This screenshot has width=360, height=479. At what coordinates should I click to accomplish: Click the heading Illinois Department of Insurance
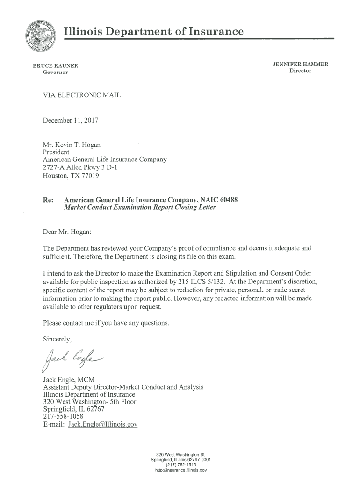[153, 31]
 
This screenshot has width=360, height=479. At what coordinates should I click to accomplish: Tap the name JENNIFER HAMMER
[300, 64]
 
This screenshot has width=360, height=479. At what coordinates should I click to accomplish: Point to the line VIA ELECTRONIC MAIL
[81, 95]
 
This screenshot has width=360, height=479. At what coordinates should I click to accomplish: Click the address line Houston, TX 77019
[71, 176]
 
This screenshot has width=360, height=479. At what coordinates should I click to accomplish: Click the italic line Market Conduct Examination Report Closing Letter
[139, 208]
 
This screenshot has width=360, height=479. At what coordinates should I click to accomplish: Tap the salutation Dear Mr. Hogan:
[67, 232]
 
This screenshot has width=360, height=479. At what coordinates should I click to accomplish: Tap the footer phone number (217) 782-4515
[180, 465]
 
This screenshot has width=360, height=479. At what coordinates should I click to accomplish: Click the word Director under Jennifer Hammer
[300, 71]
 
